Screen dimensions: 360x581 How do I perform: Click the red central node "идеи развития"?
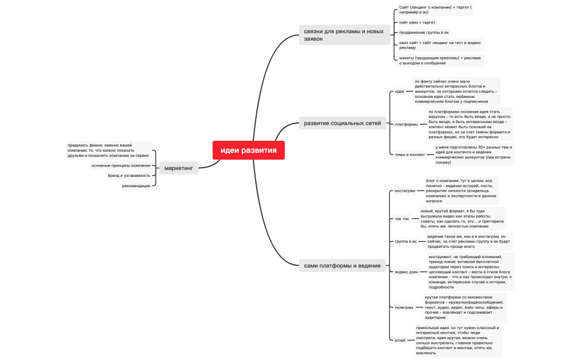pos(248,151)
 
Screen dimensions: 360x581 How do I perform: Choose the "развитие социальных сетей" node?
pos(342,123)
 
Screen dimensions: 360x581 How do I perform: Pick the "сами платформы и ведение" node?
pos(342,266)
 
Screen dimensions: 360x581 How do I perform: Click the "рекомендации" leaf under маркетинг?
pos(136,185)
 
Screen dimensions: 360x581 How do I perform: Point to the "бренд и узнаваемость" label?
pos(129,176)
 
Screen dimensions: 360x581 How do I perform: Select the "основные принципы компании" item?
pos(121,165)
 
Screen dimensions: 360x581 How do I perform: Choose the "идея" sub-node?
pos(399,91)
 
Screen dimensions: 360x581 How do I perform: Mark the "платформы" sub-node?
pos(406,124)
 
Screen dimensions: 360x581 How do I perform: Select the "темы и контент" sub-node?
pos(409,155)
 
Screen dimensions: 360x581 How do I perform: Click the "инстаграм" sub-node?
pos(405,191)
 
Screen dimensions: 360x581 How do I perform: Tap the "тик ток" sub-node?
pos(402,219)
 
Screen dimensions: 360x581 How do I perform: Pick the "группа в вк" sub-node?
pos(405,242)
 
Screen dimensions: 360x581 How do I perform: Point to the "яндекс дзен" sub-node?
pos(406,272)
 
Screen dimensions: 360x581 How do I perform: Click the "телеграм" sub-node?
pos(404,307)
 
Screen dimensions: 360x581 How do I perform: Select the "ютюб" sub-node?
pos(400,340)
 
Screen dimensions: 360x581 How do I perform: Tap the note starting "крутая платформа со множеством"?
pos(464,307)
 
